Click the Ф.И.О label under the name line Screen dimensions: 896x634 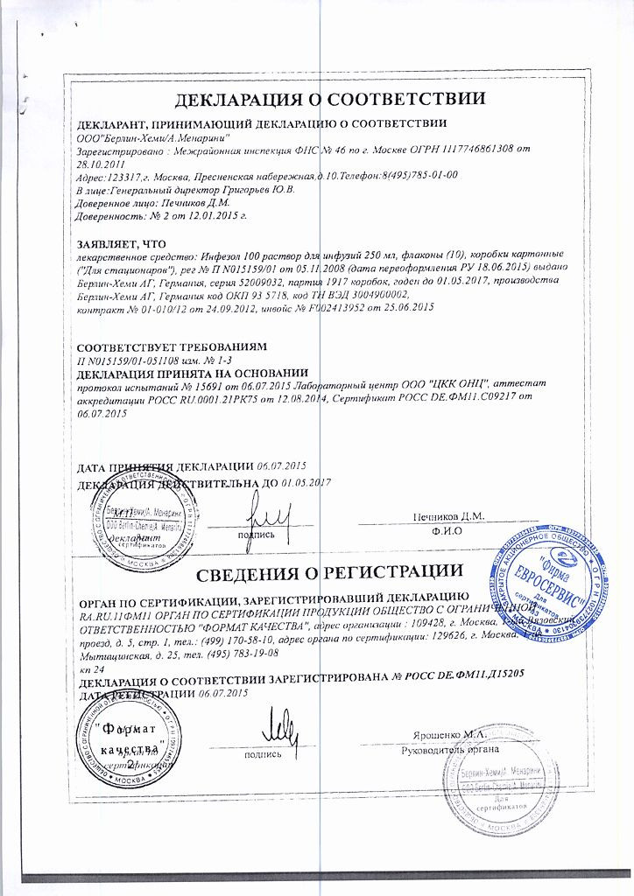pyautogui.click(x=447, y=532)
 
